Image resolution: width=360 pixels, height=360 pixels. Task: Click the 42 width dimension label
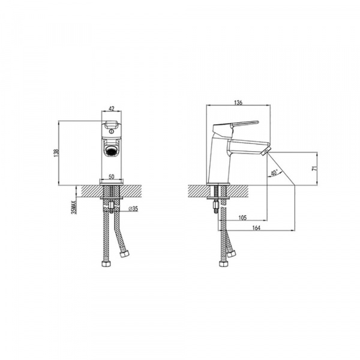click(112, 109)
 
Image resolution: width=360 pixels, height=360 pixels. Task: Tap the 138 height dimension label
click(56, 153)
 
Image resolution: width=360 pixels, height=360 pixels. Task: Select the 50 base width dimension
click(112, 176)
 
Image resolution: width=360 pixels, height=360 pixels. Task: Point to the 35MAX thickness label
click(74, 207)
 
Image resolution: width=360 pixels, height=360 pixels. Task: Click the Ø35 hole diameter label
click(133, 209)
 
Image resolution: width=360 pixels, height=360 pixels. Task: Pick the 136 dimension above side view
click(238, 103)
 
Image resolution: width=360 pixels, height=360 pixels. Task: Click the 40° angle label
click(274, 173)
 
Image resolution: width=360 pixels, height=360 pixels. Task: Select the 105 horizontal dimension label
click(242, 217)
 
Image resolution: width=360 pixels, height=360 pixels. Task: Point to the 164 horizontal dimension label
click(256, 228)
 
